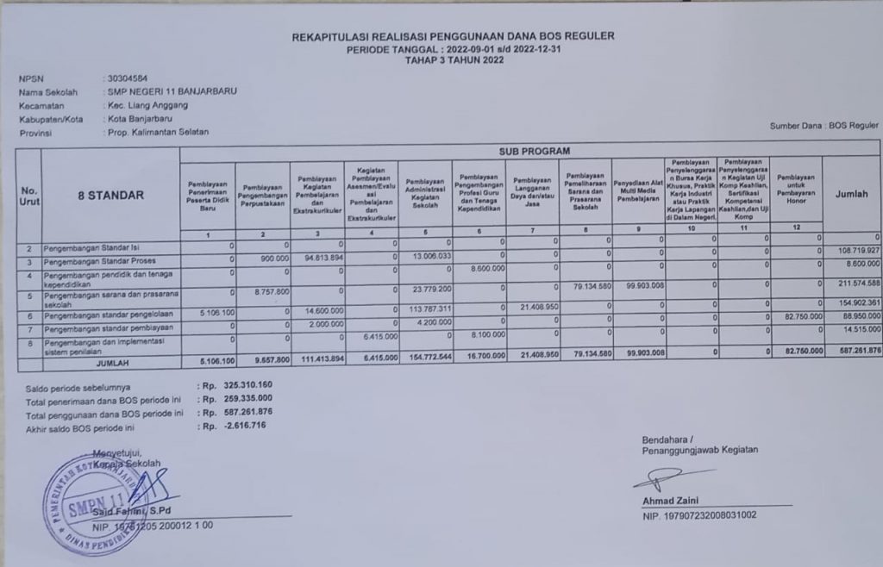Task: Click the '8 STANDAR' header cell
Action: pos(110,196)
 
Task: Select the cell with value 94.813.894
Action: pos(319,257)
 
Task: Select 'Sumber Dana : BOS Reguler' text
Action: pos(825,126)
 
